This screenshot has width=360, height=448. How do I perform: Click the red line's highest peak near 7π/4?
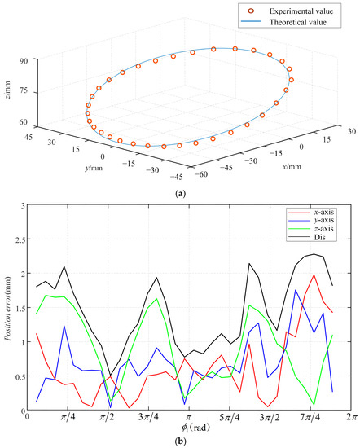(x=314, y=275)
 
